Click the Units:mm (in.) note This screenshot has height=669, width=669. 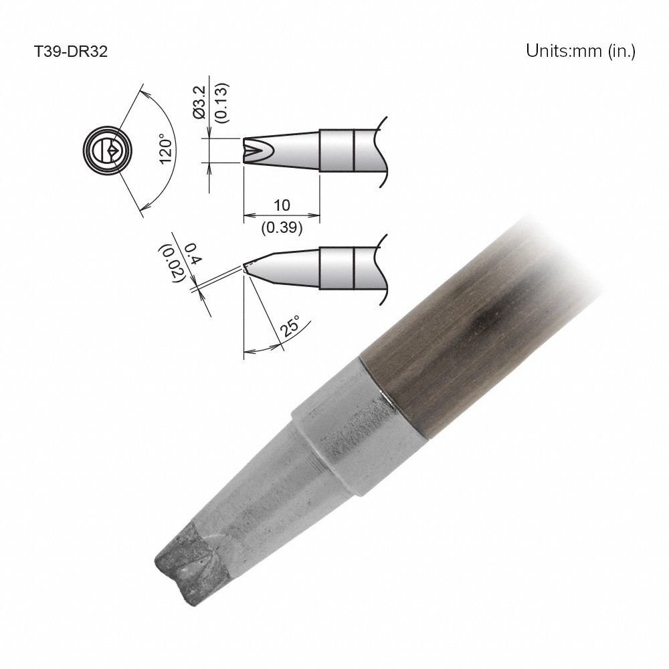tap(580, 52)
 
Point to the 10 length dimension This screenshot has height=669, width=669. tap(281, 205)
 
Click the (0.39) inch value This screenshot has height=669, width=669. tap(281, 227)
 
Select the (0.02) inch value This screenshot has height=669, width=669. tap(168, 263)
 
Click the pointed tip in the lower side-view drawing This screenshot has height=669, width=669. tap(246, 267)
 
